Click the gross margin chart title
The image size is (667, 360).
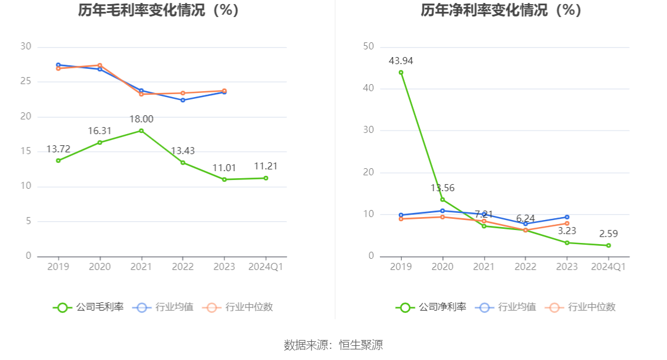(159, 11)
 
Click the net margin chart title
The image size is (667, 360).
(501, 11)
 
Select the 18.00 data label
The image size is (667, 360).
(141, 119)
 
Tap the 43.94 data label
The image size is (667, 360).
(401, 61)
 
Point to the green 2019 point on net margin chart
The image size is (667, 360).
(401, 72)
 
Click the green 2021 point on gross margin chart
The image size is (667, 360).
(141, 131)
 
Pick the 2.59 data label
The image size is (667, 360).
(608, 234)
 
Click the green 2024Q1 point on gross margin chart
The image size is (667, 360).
(266, 178)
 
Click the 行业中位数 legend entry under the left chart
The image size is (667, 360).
(238, 307)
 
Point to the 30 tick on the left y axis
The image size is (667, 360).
(25, 46)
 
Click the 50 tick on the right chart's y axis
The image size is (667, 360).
(369, 46)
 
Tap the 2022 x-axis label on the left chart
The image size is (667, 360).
(183, 266)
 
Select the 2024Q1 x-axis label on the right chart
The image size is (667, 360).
(608, 266)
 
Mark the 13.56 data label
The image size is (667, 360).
(442, 188)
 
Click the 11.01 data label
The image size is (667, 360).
(224, 168)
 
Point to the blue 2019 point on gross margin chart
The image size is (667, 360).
(58, 65)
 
